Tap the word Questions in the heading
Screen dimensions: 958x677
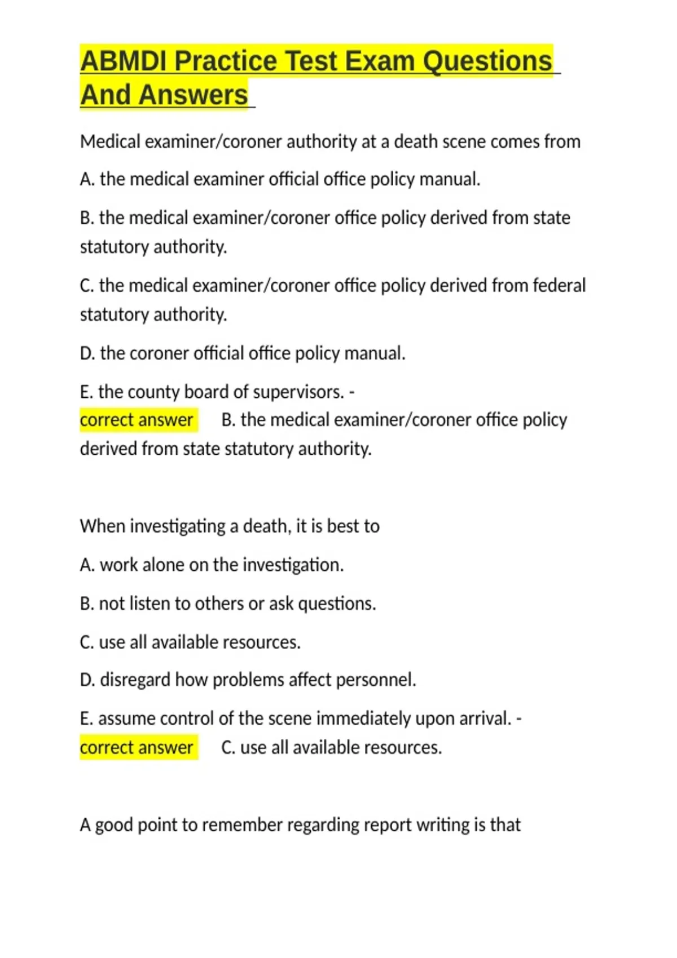(487, 61)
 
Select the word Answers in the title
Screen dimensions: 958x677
(193, 95)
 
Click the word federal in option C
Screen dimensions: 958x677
(559, 286)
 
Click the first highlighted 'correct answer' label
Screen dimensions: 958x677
(137, 420)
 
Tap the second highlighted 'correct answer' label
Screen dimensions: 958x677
(137, 747)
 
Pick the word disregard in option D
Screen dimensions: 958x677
(135, 680)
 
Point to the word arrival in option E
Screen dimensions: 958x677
(486, 718)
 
